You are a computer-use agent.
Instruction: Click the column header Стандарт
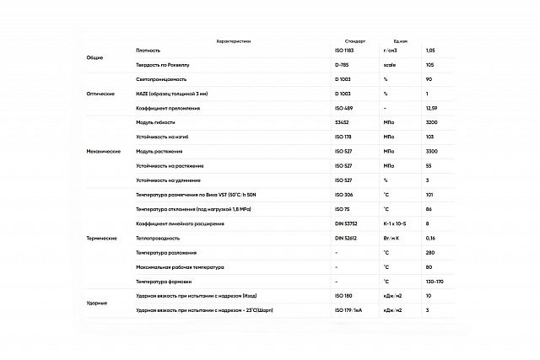click(x=355, y=40)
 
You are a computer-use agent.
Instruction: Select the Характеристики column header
click(x=234, y=40)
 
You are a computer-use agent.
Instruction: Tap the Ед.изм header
click(x=401, y=40)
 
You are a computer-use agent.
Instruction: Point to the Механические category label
click(x=104, y=151)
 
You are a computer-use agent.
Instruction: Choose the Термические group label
click(x=101, y=239)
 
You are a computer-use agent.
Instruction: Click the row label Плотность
click(x=148, y=50)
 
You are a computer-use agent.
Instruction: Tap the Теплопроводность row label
click(x=158, y=239)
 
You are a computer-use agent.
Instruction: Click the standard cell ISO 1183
click(x=345, y=50)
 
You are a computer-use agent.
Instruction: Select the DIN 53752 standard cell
click(x=347, y=223)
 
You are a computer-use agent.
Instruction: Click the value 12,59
click(x=433, y=107)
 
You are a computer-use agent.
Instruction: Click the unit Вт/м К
click(x=394, y=239)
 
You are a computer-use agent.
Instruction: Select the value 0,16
click(x=430, y=239)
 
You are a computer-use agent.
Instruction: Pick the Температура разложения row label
click(x=166, y=253)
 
